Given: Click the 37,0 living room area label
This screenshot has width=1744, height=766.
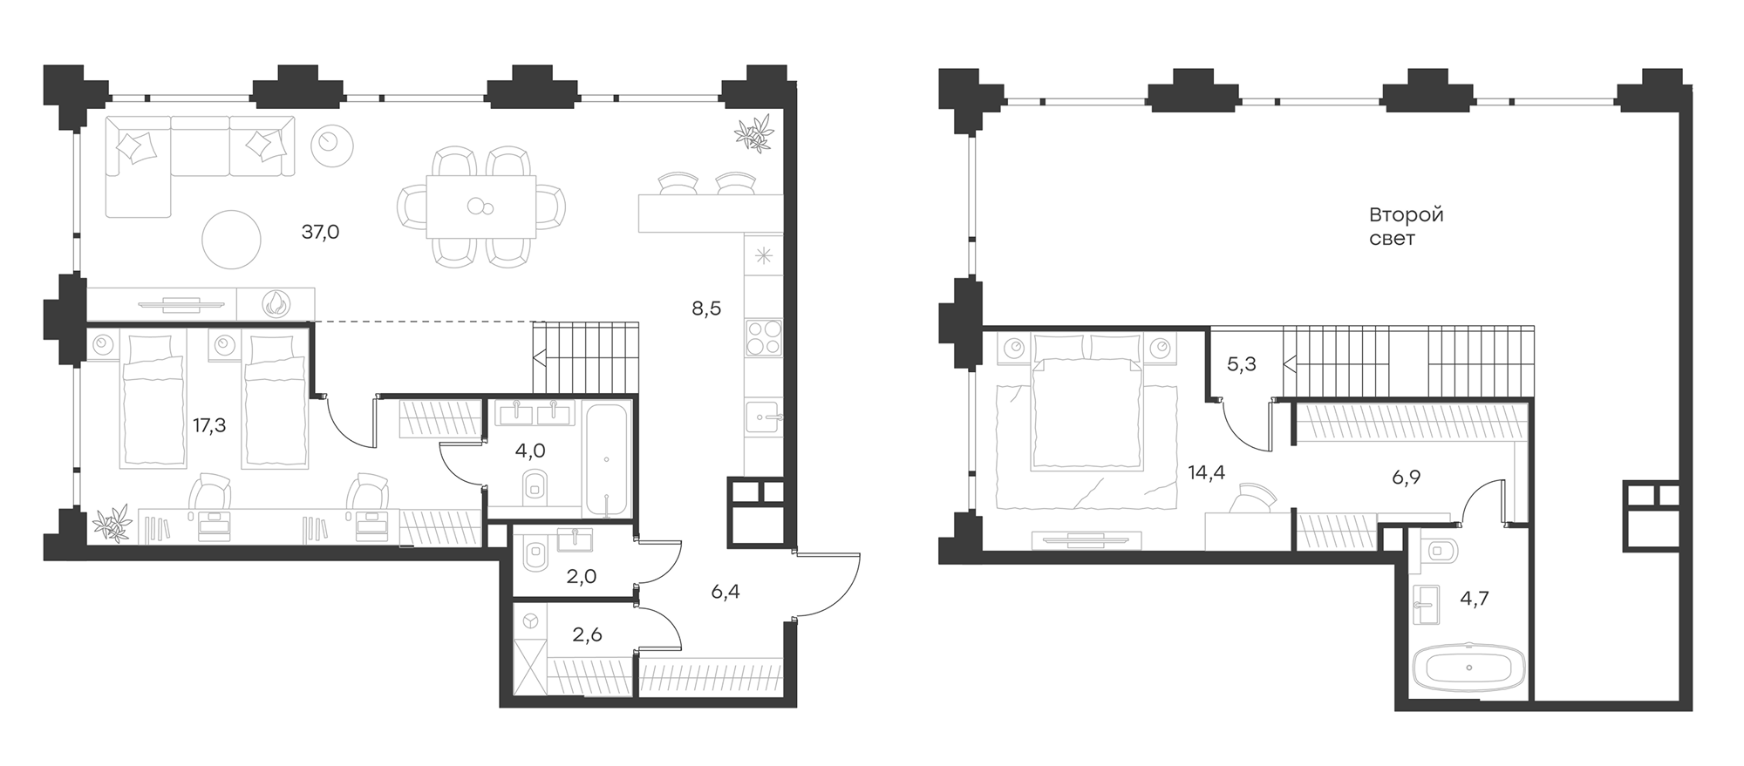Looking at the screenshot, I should point(320,232).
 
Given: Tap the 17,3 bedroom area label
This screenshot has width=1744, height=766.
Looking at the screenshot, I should point(209,425).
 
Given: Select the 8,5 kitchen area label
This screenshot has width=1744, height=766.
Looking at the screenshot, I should point(706,308).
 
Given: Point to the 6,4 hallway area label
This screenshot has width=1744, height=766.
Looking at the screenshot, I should point(725,593).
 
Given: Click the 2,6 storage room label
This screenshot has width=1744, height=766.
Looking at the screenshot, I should point(587,634).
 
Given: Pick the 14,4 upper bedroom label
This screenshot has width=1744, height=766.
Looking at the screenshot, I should point(1206,472).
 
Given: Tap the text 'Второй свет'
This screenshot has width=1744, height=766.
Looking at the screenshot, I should point(1406,226).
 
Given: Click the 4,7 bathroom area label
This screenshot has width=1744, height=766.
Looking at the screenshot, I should point(1475,599).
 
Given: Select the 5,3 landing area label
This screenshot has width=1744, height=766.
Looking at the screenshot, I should point(1241,364).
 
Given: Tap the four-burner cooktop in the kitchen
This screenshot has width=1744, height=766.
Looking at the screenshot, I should point(764,337).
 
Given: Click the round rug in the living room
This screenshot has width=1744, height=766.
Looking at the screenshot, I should point(231,240).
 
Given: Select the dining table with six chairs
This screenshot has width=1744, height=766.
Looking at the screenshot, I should point(480,207).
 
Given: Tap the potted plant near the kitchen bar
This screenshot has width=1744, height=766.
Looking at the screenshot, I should point(753,133).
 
